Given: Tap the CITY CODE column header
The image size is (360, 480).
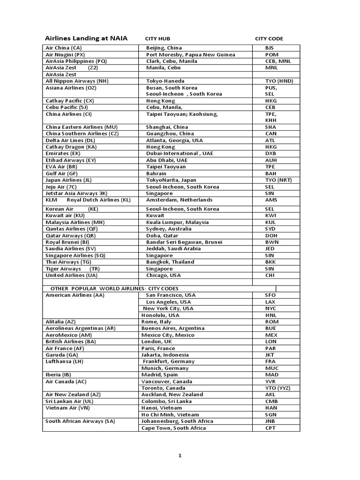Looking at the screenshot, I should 269,39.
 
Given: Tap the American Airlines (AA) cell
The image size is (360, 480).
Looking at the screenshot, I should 75,295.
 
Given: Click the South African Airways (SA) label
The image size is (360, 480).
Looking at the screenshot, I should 80,421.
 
